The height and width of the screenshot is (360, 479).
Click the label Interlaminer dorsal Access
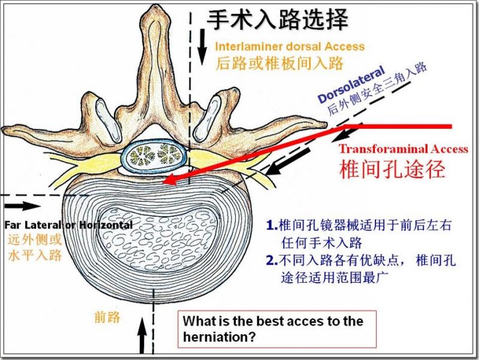[x=290, y=46]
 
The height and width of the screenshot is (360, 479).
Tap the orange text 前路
[x=107, y=317]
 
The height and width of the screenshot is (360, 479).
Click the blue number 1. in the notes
[x=272, y=226]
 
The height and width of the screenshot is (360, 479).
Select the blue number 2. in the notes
[x=272, y=261]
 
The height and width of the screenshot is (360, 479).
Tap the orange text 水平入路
[x=35, y=256]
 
